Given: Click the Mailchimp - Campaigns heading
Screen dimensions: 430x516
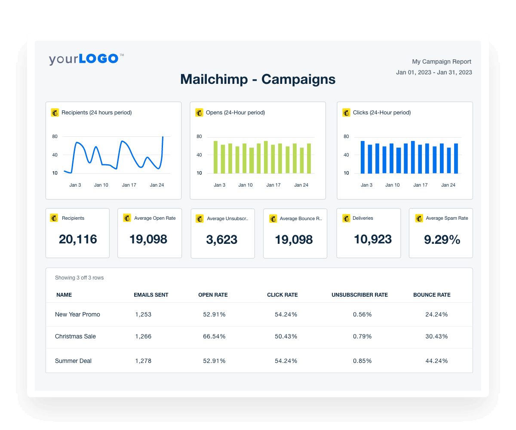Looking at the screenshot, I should [258, 79].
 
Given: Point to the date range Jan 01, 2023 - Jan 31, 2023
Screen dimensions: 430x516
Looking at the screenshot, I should [434, 73].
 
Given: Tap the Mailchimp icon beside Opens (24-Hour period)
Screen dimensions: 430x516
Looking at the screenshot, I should [199, 113].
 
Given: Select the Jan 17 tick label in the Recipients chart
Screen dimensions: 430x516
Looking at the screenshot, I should [129, 185].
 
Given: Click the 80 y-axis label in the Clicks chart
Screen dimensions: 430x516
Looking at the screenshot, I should [346, 137].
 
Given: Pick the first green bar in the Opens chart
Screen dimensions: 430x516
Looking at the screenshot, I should [215, 157].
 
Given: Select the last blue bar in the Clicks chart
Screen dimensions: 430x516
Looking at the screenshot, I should [456, 158].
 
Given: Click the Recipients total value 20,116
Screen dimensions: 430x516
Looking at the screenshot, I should [78, 240].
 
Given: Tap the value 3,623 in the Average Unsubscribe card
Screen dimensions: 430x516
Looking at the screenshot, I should [222, 240].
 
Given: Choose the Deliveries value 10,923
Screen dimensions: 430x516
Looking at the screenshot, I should [372, 240].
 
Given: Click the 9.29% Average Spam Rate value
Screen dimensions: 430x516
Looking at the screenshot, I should [442, 240].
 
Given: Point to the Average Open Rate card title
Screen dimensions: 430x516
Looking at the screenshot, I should [155, 218].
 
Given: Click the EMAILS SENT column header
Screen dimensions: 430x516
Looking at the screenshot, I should [151, 295].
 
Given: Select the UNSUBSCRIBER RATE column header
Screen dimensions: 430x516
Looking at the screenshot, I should [359, 295].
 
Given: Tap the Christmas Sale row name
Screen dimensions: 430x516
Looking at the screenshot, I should [75, 337].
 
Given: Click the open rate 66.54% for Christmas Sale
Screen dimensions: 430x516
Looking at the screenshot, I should [214, 337].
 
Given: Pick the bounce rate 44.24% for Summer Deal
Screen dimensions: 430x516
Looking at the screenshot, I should [436, 361].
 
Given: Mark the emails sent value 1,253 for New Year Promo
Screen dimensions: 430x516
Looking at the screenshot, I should [143, 315].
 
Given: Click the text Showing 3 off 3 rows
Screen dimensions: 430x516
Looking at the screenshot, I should [79, 278].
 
